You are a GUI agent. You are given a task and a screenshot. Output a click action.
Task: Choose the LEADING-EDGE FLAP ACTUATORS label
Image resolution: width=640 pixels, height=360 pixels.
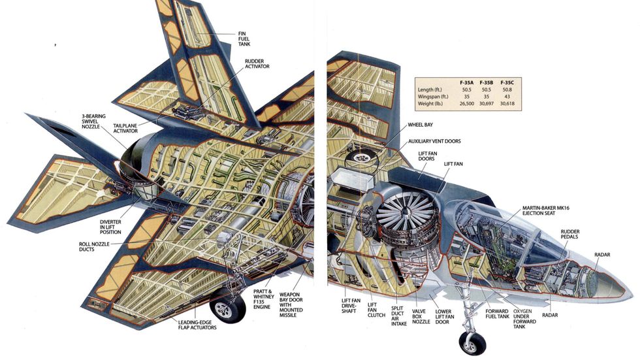click(x=197, y=324)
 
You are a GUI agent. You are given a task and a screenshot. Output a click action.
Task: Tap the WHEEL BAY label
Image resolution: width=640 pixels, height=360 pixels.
click(x=420, y=124)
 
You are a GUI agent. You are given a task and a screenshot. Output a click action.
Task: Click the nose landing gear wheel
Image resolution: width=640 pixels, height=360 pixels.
click(x=472, y=341)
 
